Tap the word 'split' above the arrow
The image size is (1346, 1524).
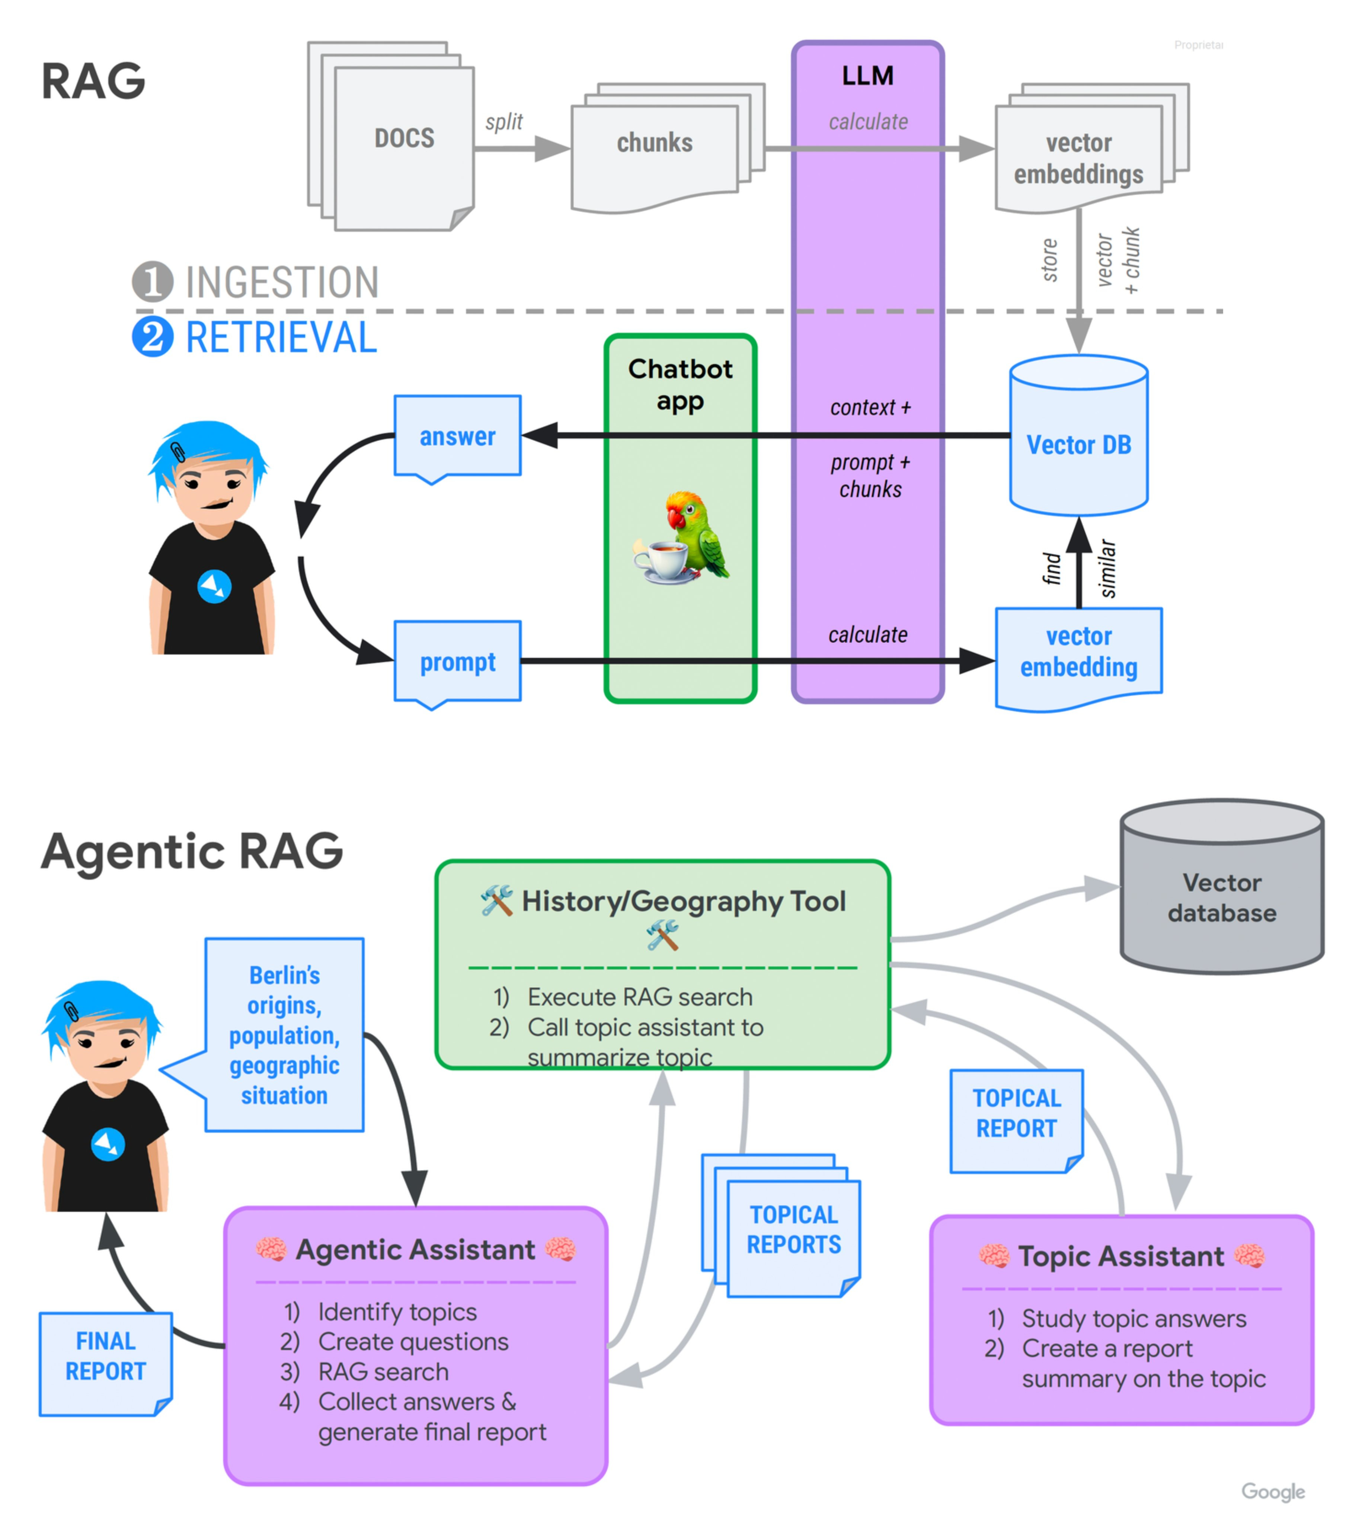click(504, 122)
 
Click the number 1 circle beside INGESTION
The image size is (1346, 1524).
click(152, 282)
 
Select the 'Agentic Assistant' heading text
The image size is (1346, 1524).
click(415, 1250)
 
